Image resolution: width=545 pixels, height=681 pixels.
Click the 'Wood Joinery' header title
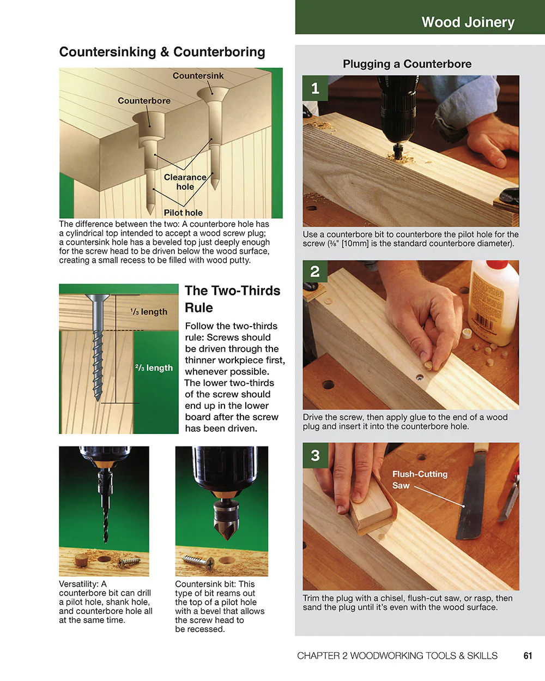tap(468, 22)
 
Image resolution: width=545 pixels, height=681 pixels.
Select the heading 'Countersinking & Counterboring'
tap(162, 52)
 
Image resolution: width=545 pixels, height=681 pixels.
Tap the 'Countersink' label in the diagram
tap(198, 76)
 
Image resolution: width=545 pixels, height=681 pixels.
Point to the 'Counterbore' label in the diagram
tap(144, 101)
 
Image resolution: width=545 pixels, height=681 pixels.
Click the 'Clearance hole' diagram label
tap(185, 182)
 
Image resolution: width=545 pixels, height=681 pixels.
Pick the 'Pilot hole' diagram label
tap(183, 213)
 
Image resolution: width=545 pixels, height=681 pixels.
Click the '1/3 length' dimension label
tap(149, 312)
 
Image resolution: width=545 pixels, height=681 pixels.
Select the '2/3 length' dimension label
tap(154, 368)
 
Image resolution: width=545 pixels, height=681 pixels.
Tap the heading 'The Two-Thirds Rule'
tap(232, 299)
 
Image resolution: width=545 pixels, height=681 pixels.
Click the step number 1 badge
tap(315, 88)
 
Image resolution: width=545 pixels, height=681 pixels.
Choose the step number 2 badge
tap(315, 272)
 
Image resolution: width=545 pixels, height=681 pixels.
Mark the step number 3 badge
tap(315, 455)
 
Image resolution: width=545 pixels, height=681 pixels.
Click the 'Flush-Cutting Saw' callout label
tap(419, 480)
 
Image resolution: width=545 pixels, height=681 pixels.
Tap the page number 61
tap(528, 655)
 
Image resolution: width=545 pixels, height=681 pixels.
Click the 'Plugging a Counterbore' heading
tap(407, 64)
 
